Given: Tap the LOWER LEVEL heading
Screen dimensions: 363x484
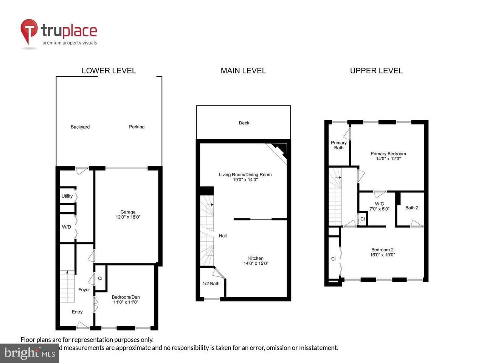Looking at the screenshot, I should [x=109, y=71].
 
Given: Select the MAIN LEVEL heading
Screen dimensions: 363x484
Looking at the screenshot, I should [x=243, y=71].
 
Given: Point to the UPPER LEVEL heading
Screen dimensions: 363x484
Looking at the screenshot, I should [x=376, y=71].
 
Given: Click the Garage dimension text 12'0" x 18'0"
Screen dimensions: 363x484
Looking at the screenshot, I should [x=128, y=217].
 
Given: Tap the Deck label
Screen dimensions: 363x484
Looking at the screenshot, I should [x=244, y=123].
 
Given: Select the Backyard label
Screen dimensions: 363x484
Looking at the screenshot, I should [x=80, y=127].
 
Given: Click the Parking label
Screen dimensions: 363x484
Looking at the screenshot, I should [x=137, y=127].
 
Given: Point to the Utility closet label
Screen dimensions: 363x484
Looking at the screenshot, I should [x=67, y=196].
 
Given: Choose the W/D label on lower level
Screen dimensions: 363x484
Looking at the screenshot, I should [x=67, y=227].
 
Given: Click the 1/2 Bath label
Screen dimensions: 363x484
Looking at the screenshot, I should [x=211, y=284].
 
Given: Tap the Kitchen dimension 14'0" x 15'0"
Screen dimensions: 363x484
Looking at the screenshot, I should [x=256, y=264].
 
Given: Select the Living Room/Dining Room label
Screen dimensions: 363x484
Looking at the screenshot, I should [x=245, y=175].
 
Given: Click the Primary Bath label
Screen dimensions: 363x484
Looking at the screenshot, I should [x=339, y=145].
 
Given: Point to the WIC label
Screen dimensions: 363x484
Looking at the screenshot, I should [x=379, y=204].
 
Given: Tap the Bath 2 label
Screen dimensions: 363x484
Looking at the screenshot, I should [x=412, y=208].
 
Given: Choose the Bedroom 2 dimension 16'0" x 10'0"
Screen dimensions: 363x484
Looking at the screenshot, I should [x=382, y=255].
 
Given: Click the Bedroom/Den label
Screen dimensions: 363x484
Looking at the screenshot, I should [x=126, y=297].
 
